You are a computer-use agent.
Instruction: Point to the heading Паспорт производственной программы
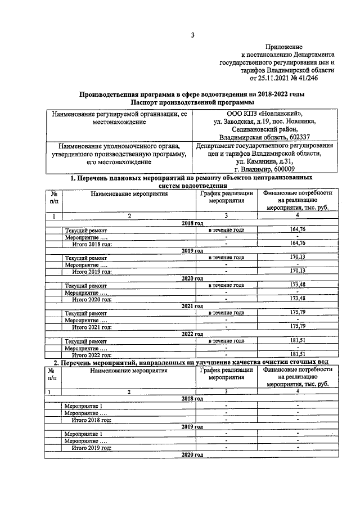coord(192,102)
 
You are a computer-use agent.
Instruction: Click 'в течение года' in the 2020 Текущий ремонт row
coord(226,285)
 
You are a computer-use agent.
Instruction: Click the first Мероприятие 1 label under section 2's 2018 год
coord(83,406)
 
